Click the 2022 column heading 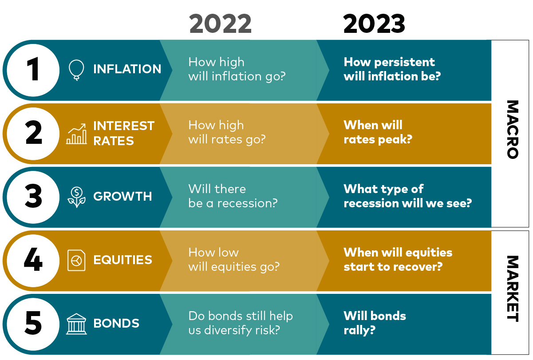tap(220, 24)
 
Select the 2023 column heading tap(374, 24)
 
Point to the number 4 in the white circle tap(33, 259)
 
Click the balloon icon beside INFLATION tap(76, 70)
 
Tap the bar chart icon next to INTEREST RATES tap(76, 134)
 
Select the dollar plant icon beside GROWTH tap(76, 197)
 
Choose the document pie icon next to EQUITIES tap(76, 260)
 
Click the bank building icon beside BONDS tap(76, 324)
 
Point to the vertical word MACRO tap(513, 129)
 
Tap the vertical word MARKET tap(513, 289)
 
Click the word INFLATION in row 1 tap(127, 69)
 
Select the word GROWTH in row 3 tap(122, 196)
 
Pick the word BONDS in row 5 tap(116, 323)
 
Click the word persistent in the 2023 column tap(404, 62)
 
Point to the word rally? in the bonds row tap(359, 331)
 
